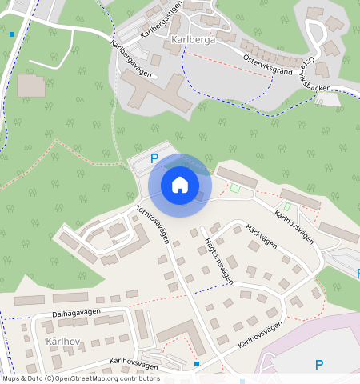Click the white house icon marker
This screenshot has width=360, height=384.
tap(180, 185)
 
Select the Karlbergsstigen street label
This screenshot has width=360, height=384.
tap(161, 20)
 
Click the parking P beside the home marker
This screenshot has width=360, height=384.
tap(154, 158)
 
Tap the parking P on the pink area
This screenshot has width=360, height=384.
tap(319, 365)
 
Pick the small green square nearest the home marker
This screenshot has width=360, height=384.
tap(234, 189)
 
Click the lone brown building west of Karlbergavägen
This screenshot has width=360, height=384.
tap(32, 85)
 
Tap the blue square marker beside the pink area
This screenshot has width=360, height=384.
tap(197, 364)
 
